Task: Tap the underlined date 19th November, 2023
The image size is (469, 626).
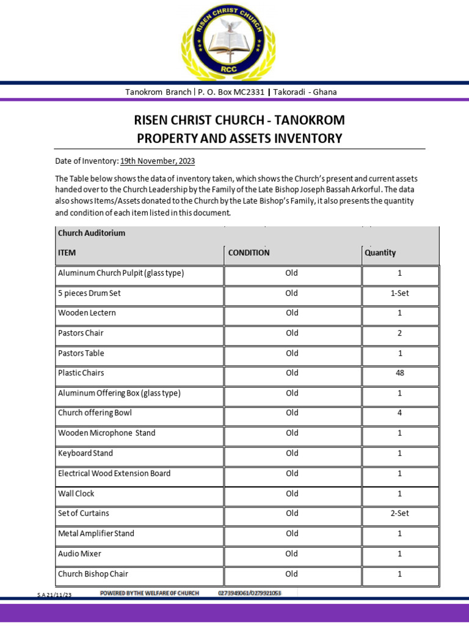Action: click(x=158, y=161)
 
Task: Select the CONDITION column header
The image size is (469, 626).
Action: click(x=249, y=252)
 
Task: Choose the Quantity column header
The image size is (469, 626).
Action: click(x=380, y=252)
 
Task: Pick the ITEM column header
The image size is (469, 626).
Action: click(x=67, y=252)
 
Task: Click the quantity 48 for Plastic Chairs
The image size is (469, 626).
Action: click(x=400, y=373)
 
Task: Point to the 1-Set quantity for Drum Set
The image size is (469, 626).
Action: click(x=400, y=293)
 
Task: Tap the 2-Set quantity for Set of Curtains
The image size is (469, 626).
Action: click(x=400, y=514)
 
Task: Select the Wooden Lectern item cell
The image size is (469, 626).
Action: click(x=87, y=313)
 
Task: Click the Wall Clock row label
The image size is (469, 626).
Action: click(x=76, y=493)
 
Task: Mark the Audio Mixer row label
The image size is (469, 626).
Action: click(x=79, y=554)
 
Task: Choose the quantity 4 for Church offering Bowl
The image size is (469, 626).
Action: click(x=400, y=413)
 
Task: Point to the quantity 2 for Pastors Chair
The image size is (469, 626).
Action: click(x=400, y=333)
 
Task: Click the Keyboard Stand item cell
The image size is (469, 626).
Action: click(x=85, y=454)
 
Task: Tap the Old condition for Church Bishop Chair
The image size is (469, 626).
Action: click(x=292, y=574)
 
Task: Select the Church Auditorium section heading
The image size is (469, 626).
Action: click(x=92, y=233)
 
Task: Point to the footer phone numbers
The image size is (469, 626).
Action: click(x=249, y=593)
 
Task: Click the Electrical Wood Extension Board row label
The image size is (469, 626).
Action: click(x=114, y=473)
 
